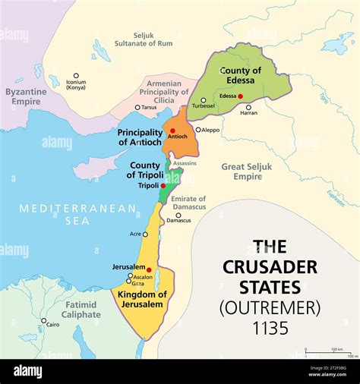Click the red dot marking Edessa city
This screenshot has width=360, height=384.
coord(241,96)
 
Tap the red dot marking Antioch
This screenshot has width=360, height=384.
coord(172,131)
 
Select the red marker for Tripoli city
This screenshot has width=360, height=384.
coord(163,185)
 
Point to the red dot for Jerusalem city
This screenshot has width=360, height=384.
coord(149,269)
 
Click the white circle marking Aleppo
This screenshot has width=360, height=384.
coord(198,130)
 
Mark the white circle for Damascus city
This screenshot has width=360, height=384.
coord(178,215)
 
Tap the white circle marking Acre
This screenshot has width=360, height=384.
coord(145,234)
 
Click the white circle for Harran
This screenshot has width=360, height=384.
coord(248,107)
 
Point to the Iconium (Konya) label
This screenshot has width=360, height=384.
coord(76,85)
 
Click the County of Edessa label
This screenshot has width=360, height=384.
coord(241,75)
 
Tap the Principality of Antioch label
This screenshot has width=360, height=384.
coord(140,137)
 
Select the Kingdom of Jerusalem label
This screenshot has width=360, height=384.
coord(142,299)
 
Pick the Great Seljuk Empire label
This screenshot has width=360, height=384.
coord(247,171)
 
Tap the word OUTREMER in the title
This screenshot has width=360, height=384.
coord(270,307)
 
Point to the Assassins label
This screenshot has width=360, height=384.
coord(185,163)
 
